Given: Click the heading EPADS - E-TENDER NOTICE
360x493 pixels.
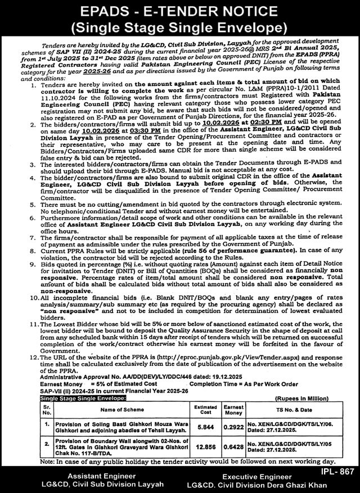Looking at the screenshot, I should [x=180, y=12].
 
